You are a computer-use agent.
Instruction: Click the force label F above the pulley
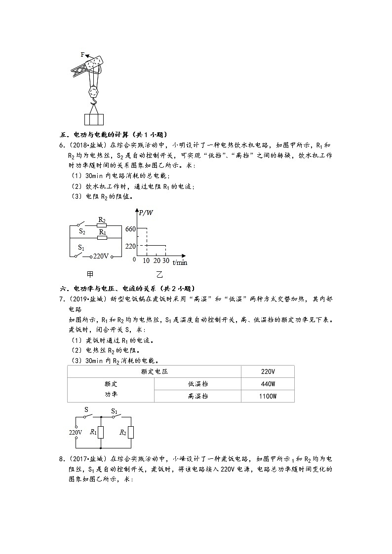(83, 54)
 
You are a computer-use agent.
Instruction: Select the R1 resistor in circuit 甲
(102, 238)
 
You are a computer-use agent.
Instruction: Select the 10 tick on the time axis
(146, 260)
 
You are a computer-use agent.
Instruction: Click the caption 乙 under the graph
(159, 275)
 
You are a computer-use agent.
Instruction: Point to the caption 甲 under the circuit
(90, 274)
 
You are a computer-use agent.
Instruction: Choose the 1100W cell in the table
(268, 396)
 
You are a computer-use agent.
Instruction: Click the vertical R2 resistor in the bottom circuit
(131, 433)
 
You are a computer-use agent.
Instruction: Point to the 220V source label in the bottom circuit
(75, 433)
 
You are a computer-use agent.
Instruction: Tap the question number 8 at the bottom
(61, 459)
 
